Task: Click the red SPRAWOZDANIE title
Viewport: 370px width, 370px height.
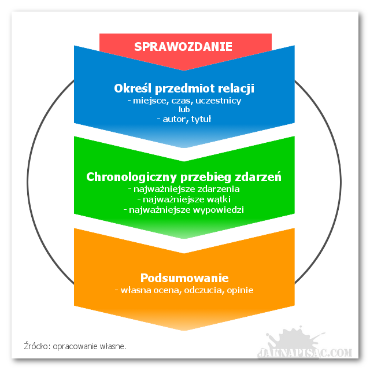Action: coord(183,46)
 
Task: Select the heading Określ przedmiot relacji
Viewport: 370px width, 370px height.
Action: coord(184,88)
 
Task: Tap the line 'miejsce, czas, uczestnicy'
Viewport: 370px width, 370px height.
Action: coord(184,101)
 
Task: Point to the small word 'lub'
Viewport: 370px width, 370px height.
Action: coord(184,110)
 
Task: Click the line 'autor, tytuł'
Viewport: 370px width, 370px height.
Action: coord(184,119)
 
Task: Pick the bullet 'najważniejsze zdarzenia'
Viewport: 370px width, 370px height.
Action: coord(184,188)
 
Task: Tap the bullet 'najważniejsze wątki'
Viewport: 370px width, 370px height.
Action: coord(184,199)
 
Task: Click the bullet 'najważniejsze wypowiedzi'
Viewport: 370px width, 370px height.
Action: coord(184,209)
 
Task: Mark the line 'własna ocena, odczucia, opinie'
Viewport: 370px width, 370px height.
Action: coord(184,290)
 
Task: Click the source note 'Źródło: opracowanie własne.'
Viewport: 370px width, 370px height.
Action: coord(75,346)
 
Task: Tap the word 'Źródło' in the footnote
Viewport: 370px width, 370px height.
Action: coord(37,346)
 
